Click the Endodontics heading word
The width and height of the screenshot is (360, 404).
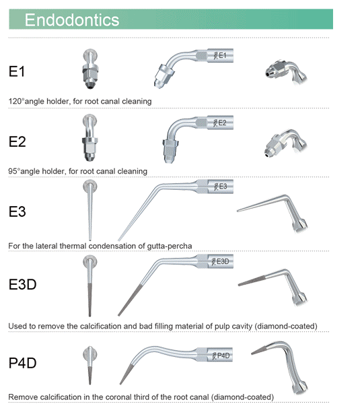72,20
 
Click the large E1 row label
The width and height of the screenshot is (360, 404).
17,71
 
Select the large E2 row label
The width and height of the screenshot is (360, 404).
17,141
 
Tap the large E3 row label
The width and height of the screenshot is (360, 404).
17,211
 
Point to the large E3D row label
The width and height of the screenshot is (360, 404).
23,284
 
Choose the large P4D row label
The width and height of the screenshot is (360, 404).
23,363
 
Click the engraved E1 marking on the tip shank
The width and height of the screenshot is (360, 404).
223,55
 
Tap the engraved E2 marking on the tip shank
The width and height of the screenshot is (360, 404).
223,123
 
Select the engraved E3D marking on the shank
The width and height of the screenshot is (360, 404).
223,261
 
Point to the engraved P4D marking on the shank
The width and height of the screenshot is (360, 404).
223,356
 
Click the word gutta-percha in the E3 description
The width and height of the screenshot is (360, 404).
170,246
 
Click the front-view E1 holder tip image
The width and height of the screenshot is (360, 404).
90,69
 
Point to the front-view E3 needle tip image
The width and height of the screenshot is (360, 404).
90,210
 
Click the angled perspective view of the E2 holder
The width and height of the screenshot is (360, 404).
286,143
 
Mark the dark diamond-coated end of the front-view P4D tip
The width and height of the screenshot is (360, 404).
90,376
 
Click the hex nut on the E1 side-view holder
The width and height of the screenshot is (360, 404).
164,73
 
